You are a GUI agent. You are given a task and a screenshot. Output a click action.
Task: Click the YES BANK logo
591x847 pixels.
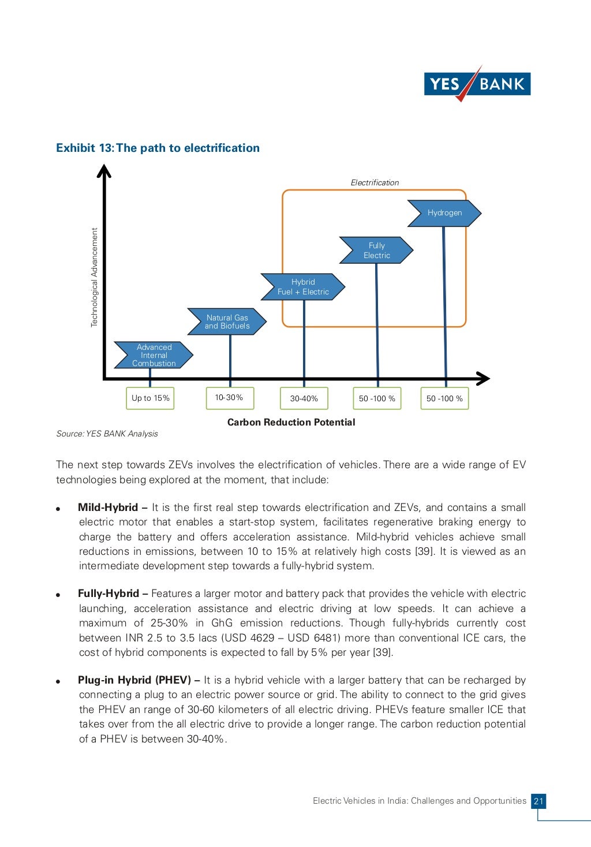[x=477, y=84]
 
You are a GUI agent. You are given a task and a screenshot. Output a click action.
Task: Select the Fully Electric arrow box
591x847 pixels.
[x=376, y=250]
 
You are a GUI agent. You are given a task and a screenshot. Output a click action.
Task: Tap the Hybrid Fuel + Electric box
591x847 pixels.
[x=303, y=287]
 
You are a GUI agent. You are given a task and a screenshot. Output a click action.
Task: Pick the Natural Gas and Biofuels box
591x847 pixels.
[x=227, y=322]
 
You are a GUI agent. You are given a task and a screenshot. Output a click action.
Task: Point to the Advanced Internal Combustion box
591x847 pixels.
[x=154, y=355]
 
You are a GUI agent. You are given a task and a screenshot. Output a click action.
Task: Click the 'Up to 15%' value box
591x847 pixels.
[x=150, y=398]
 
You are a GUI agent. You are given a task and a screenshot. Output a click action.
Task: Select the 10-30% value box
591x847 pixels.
[x=230, y=398]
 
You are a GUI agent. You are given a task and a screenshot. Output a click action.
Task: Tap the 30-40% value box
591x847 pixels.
[x=304, y=398]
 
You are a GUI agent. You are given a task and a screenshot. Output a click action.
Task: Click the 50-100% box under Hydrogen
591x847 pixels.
[x=444, y=398]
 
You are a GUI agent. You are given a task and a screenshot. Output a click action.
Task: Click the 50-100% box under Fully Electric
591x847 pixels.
[x=377, y=398]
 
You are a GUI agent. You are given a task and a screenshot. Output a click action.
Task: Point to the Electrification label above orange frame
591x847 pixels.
[x=375, y=182]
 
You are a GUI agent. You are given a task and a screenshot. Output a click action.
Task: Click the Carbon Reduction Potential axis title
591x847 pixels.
[x=291, y=422]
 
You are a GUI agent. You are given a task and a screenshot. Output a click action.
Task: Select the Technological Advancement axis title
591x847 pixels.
[x=95, y=278]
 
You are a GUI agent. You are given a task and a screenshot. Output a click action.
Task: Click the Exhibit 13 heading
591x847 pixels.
[x=158, y=148]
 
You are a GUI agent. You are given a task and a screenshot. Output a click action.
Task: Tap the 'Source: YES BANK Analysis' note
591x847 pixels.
[x=107, y=434]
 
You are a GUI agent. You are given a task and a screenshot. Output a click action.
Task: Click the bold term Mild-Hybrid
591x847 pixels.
[x=108, y=508]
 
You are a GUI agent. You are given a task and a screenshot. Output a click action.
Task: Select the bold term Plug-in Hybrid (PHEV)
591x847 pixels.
[x=134, y=680]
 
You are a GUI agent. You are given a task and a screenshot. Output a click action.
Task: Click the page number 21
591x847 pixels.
[x=538, y=801]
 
